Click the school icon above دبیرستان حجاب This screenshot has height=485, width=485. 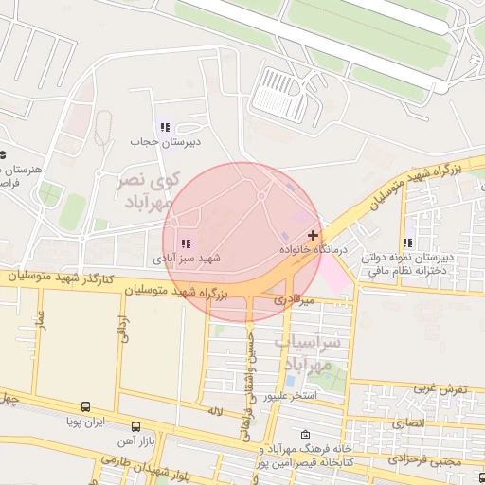coord(166,127)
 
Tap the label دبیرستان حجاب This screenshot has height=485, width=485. coord(166,141)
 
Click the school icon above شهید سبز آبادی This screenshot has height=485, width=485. coord(186,243)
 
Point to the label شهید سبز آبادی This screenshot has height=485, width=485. coord(186,258)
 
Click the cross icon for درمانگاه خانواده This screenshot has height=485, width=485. coord(314,234)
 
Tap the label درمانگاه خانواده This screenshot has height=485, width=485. coord(314,249)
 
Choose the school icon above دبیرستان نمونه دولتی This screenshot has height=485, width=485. coord(408,242)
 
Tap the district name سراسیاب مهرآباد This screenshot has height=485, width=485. coord(306,351)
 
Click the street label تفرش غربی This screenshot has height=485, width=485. coord(440,389)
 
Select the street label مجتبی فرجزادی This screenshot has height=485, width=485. coord(445,462)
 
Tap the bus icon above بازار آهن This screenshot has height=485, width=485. coord(136,427)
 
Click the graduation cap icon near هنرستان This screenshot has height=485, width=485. coord(3,154)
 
